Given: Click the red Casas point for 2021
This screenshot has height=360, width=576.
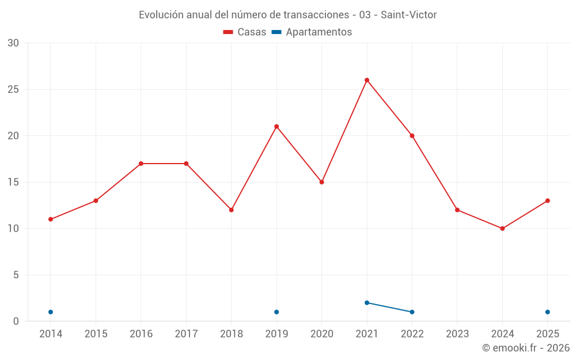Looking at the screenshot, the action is pyautogui.click(x=366, y=80).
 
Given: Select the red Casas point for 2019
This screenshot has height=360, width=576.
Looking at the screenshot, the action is pyautogui.click(x=276, y=127).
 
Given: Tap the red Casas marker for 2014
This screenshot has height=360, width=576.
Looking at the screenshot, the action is pyautogui.click(x=51, y=219).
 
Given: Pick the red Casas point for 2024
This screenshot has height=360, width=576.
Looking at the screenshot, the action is pyautogui.click(x=502, y=229).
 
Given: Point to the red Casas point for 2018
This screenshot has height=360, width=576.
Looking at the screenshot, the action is pyautogui.click(x=232, y=210).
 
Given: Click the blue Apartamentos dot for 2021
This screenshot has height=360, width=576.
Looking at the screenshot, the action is pyautogui.click(x=366, y=303).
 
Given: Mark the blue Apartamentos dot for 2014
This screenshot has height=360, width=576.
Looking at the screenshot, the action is pyautogui.click(x=51, y=312).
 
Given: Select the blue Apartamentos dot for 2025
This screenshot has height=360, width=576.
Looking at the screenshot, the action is pyautogui.click(x=547, y=312).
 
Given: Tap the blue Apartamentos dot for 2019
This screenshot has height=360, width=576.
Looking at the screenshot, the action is pyautogui.click(x=276, y=312).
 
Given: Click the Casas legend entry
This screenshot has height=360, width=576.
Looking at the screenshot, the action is pyautogui.click(x=245, y=32).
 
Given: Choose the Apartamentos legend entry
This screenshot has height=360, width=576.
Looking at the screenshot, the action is pyautogui.click(x=312, y=32).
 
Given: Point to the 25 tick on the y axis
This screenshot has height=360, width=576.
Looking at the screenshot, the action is pyautogui.click(x=13, y=89).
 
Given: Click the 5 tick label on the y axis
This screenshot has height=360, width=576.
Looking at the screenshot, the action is pyautogui.click(x=16, y=275).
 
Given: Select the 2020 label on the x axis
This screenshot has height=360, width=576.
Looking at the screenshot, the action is pyautogui.click(x=322, y=334).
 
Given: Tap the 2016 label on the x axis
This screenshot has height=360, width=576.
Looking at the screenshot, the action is pyautogui.click(x=141, y=334).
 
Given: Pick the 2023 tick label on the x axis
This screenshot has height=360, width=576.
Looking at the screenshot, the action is pyautogui.click(x=457, y=334).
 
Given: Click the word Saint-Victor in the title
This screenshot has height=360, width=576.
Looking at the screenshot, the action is pyautogui.click(x=408, y=15).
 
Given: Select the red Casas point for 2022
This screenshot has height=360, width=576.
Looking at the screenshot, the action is pyautogui.click(x=412, y=136).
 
